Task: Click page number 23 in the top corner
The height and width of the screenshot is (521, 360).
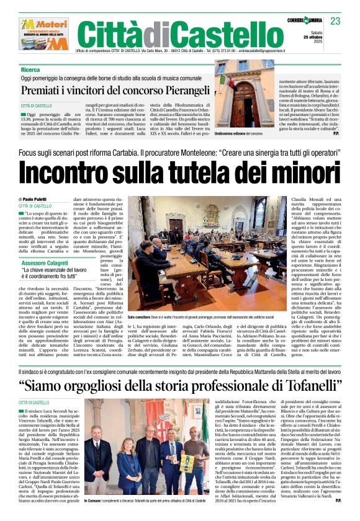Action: point(336,21)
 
